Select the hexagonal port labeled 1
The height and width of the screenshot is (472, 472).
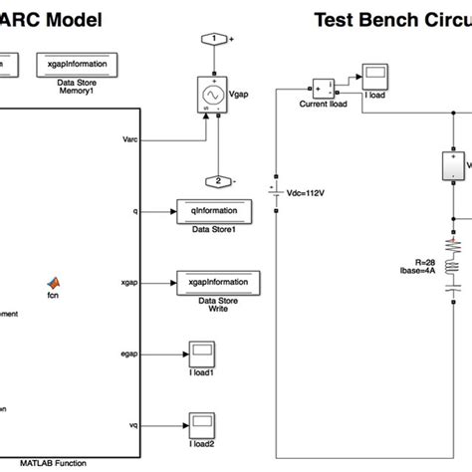click(x=214, y=39)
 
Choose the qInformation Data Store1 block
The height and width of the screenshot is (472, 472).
click(x=213, y=210)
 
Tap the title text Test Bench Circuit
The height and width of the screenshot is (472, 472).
click(x=392, y=19)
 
